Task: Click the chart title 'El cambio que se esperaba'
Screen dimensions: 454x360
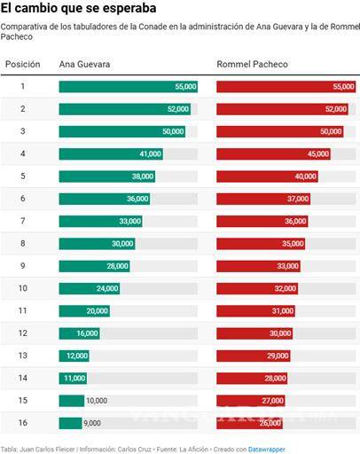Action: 67,9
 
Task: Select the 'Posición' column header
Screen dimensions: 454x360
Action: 23,65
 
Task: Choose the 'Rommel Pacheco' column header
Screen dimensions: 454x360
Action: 252,65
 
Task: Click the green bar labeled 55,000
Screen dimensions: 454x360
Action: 128,87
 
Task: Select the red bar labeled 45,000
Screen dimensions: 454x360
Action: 273,153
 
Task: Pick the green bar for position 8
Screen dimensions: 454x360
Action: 97,243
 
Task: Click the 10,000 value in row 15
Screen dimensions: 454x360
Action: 97,401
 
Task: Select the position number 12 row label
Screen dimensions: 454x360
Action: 23,333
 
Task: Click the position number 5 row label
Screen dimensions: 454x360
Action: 23,176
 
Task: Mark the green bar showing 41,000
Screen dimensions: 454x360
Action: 111,153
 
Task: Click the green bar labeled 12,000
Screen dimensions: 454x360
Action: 74,356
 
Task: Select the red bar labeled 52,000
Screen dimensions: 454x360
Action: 282,109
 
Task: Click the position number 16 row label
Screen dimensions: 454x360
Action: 23,423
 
